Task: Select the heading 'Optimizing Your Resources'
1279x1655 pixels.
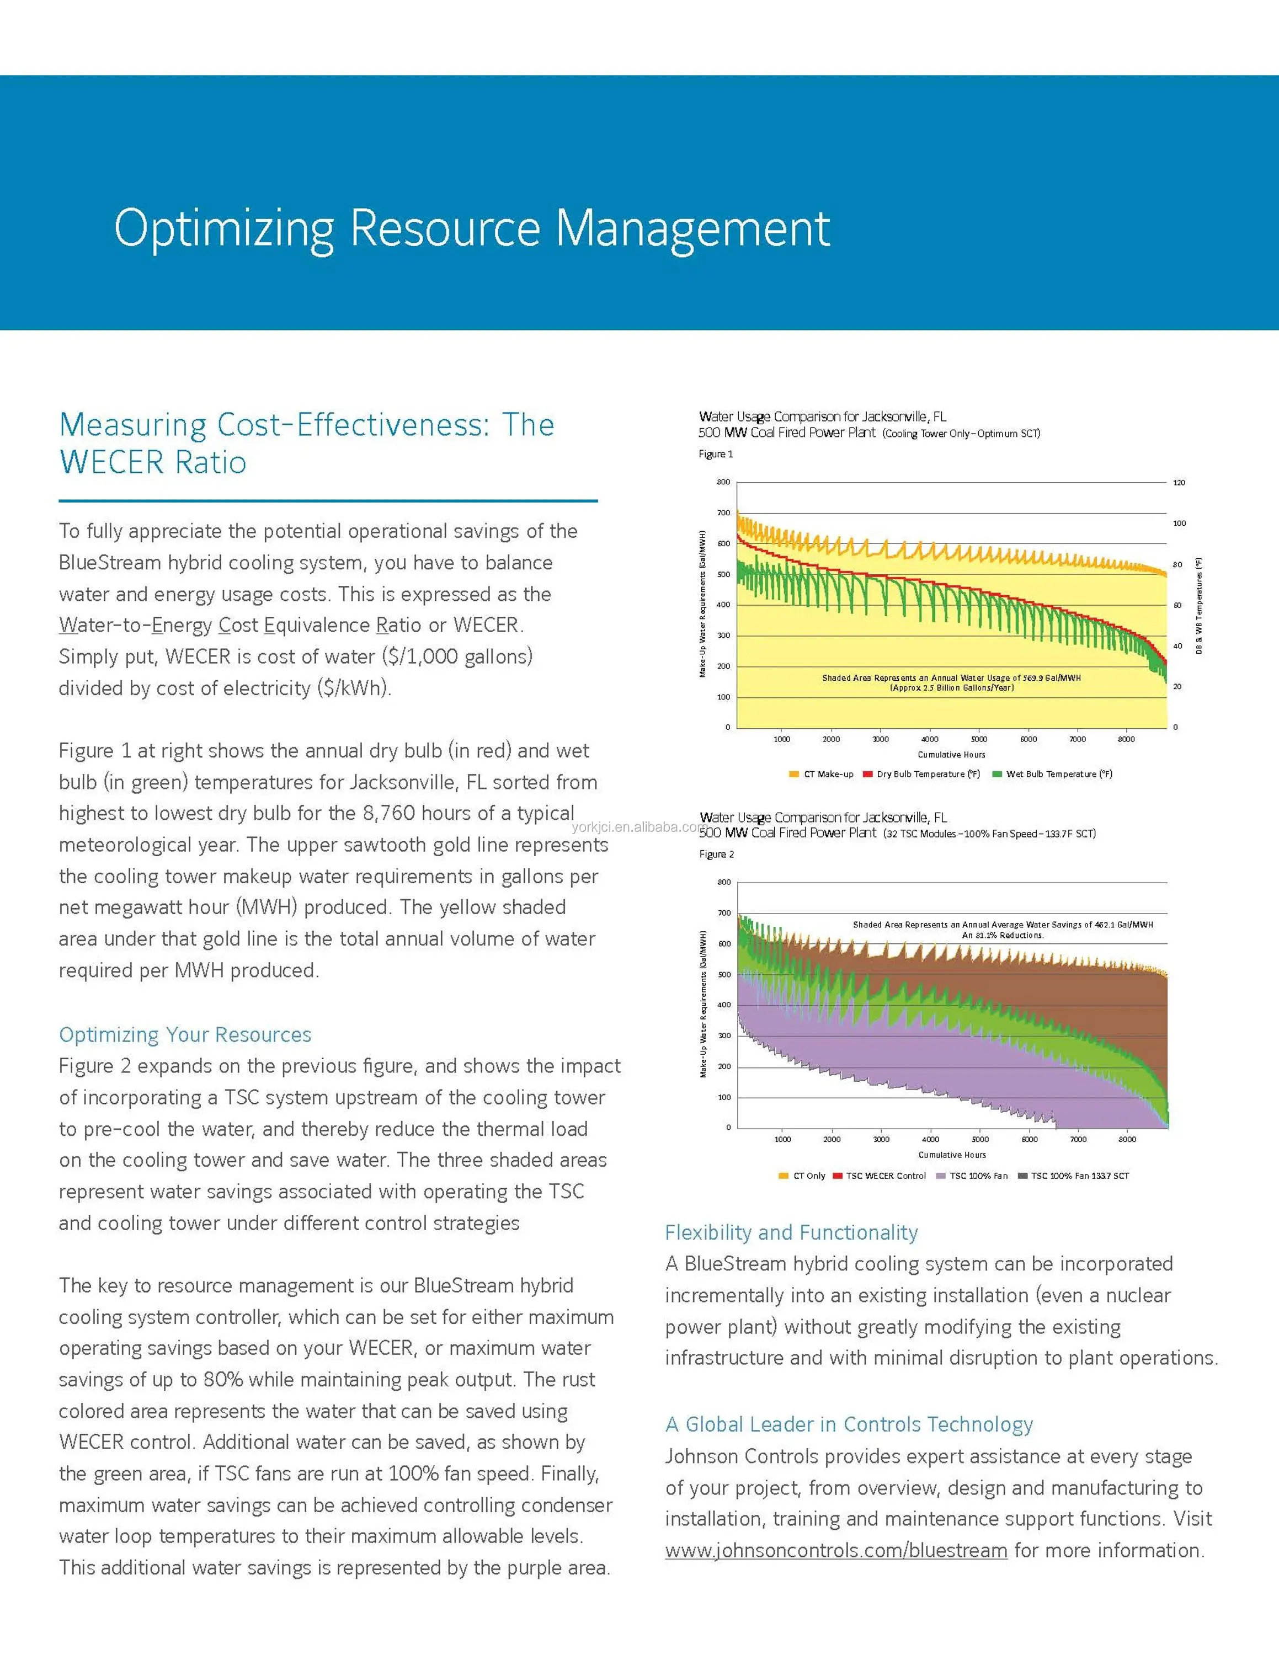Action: point(185,1034)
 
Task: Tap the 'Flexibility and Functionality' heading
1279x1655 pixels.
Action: point(791,1232)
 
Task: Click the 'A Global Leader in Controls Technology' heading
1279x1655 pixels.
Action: point(849,1424)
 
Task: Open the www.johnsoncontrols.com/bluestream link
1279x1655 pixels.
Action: point(836,1550)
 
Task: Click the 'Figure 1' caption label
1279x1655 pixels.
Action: point(715,454)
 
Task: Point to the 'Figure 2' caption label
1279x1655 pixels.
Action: point(716,854)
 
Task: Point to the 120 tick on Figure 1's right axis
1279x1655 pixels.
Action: point(1179,483)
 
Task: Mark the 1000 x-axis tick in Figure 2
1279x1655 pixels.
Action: point(783,1139)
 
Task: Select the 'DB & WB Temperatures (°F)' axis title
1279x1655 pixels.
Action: point(1198,606)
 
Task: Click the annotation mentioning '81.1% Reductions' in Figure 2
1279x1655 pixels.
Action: point(1003,935)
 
